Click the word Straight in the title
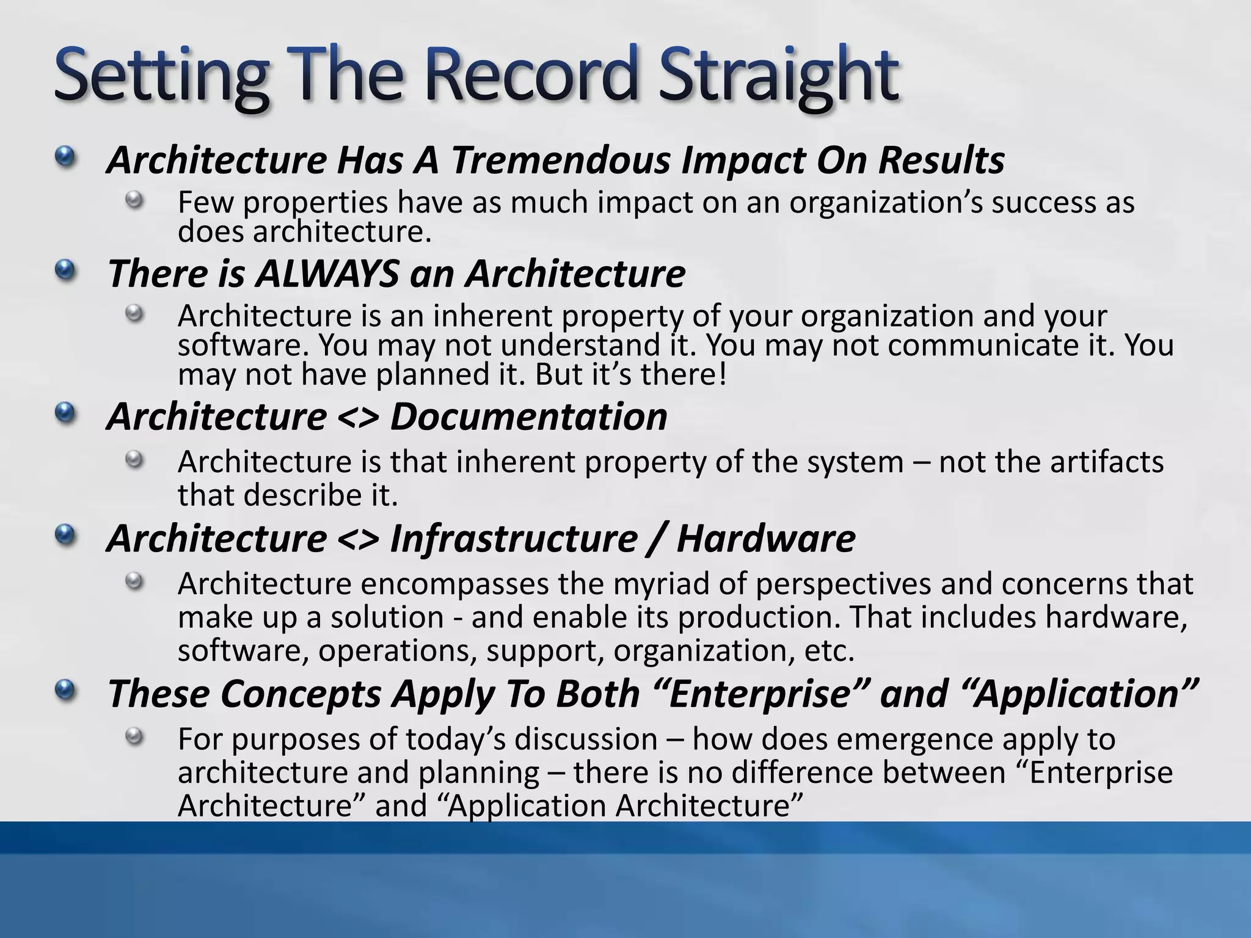777,76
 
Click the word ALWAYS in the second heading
327,274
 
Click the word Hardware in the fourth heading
765,539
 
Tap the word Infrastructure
514,539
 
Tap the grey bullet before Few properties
134,200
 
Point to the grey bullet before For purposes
134,736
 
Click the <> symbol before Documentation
357,418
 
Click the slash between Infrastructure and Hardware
657,539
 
